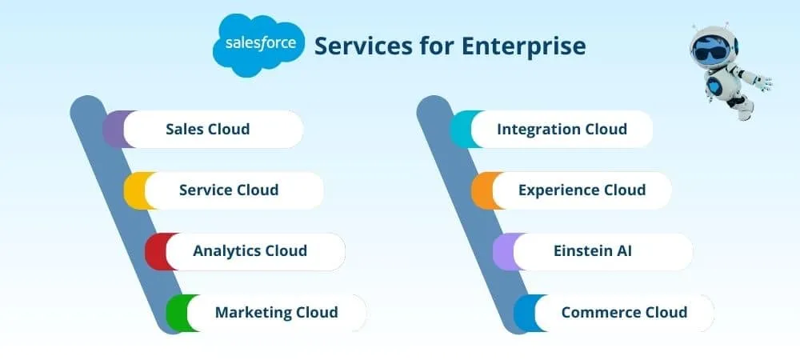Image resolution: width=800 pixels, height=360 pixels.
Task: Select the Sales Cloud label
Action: point(208,129)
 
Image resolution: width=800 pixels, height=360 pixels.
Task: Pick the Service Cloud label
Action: point(229,190)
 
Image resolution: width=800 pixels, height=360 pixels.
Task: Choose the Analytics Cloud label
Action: point(250,251)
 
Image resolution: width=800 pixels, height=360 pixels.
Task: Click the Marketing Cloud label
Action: point(276,312)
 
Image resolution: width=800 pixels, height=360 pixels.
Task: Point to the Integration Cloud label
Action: point(562,129)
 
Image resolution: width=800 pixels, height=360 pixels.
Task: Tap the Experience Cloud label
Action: point(582,190)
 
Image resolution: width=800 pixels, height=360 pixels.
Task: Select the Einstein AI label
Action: point(593,251)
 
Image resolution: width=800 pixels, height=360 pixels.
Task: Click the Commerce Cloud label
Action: point(624,312)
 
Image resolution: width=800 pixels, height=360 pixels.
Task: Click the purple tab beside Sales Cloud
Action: point(114,129)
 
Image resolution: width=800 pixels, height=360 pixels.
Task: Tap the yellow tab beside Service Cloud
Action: point(134,190)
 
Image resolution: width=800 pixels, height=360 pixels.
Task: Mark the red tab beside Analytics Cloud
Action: point(155,251)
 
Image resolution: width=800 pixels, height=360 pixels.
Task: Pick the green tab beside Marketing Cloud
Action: point(176,312)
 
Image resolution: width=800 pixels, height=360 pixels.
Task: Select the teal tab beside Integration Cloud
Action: point(461,129)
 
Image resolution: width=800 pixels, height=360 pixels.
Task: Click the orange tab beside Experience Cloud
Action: point(482,190)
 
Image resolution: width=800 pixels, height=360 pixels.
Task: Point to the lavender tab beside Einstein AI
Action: point(502,251)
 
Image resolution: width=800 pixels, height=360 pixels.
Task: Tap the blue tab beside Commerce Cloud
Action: point(523,312)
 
